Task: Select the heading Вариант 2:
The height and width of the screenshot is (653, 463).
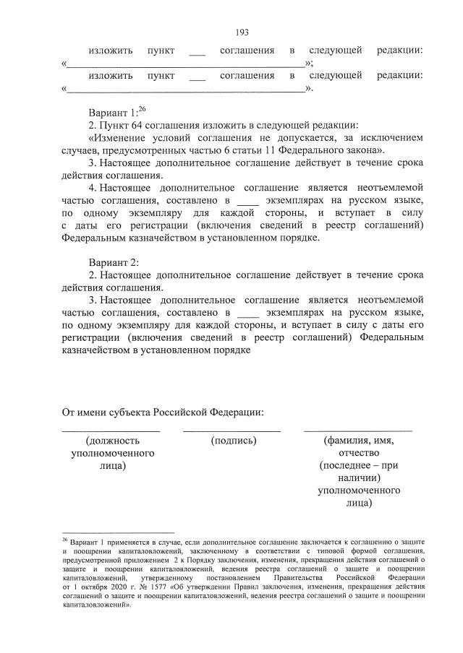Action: tap(114, 262)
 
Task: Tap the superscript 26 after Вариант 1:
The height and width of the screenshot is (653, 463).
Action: tap(142, 109)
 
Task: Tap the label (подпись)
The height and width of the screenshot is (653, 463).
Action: tap(234, 440)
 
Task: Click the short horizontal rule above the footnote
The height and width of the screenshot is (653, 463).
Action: tap(109, 532)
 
